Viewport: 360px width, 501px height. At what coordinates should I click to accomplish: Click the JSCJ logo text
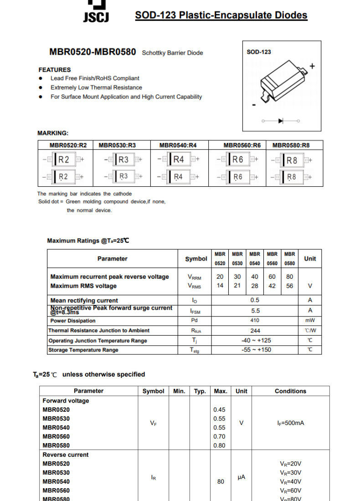click(x=96, y=17)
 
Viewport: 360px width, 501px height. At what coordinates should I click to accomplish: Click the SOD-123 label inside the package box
click(x=258, y=52)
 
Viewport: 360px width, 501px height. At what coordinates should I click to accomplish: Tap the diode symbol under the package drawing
click(x=281, y=121)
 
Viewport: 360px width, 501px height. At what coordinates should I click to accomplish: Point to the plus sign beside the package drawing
click(x=312, y=66)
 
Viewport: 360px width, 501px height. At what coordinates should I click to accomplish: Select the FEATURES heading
click(x=55, y=70)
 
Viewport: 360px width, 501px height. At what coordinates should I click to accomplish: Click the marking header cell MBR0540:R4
click(x=178, y=145)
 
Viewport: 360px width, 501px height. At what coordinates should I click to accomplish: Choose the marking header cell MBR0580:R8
click(x=291, y=145)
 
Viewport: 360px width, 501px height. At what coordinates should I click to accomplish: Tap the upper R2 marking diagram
click(x=64, y=159)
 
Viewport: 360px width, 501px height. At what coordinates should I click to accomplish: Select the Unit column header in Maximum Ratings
click(x=310, y=258)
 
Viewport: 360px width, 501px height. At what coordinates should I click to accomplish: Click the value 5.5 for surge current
click(x=255, y=311)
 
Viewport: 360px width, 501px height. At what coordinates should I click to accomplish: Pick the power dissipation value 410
click(x=255, y=321)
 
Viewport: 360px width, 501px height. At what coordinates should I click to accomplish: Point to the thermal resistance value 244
click(x=255, y=331)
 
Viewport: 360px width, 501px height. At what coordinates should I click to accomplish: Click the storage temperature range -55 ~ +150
click(x=256, y=350)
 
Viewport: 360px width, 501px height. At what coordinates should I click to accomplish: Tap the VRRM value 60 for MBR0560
click(x=272, y=276)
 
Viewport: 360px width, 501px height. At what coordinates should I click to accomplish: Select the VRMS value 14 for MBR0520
click(x=220, y=286)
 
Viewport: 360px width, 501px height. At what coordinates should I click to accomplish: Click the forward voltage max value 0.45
click(x=219, y=409)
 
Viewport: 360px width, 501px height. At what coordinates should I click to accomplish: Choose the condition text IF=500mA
click(x=290, y=423)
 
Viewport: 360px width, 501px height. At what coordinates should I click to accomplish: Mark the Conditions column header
click(x=290, y=391)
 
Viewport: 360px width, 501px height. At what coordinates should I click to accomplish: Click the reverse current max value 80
click(x=221, y=481)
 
